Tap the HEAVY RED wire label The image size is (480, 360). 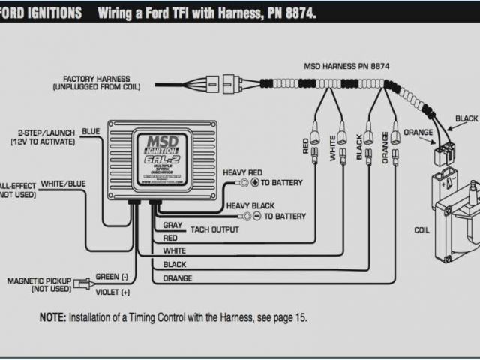244,172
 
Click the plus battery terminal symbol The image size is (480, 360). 254,183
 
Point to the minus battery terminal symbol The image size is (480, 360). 256,217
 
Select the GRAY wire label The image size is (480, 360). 172,226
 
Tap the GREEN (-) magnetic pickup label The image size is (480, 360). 112,276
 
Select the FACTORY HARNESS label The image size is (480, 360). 97,79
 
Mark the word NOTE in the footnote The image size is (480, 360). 52,317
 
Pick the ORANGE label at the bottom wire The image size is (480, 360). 177,278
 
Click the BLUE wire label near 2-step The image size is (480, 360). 91,131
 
